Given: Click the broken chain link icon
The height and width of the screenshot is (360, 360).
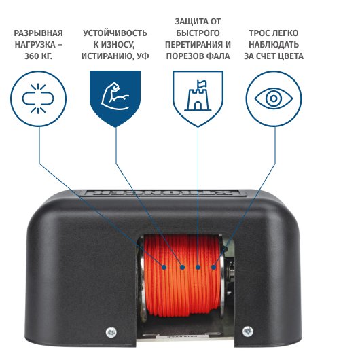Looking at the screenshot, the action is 38,98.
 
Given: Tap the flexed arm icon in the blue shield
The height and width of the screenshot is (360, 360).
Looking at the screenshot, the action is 115,96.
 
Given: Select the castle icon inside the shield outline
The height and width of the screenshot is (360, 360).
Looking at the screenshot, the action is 198,96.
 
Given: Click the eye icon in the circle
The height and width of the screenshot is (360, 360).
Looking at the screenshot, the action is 274,98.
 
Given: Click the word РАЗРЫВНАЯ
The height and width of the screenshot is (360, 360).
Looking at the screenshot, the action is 38,33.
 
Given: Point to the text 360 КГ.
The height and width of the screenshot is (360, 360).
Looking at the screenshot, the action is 38,56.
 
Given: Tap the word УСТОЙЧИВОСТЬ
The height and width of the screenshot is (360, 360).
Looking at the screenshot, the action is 115,33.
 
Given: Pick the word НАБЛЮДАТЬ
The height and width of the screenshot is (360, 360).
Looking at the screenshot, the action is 274,45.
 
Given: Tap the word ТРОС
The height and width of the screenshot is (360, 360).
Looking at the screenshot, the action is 259,33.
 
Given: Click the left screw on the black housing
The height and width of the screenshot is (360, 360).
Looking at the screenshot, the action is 111,332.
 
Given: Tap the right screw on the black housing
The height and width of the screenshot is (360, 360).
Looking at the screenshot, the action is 247,331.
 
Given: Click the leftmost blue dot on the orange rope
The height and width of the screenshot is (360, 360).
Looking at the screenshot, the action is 164,267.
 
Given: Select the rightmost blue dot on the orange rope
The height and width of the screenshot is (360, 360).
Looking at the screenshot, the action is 213,267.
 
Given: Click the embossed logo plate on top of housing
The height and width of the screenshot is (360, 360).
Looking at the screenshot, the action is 162,193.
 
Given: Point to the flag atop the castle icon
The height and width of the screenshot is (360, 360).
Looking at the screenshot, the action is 202,84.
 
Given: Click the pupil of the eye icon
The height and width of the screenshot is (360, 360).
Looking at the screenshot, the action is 274,98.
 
